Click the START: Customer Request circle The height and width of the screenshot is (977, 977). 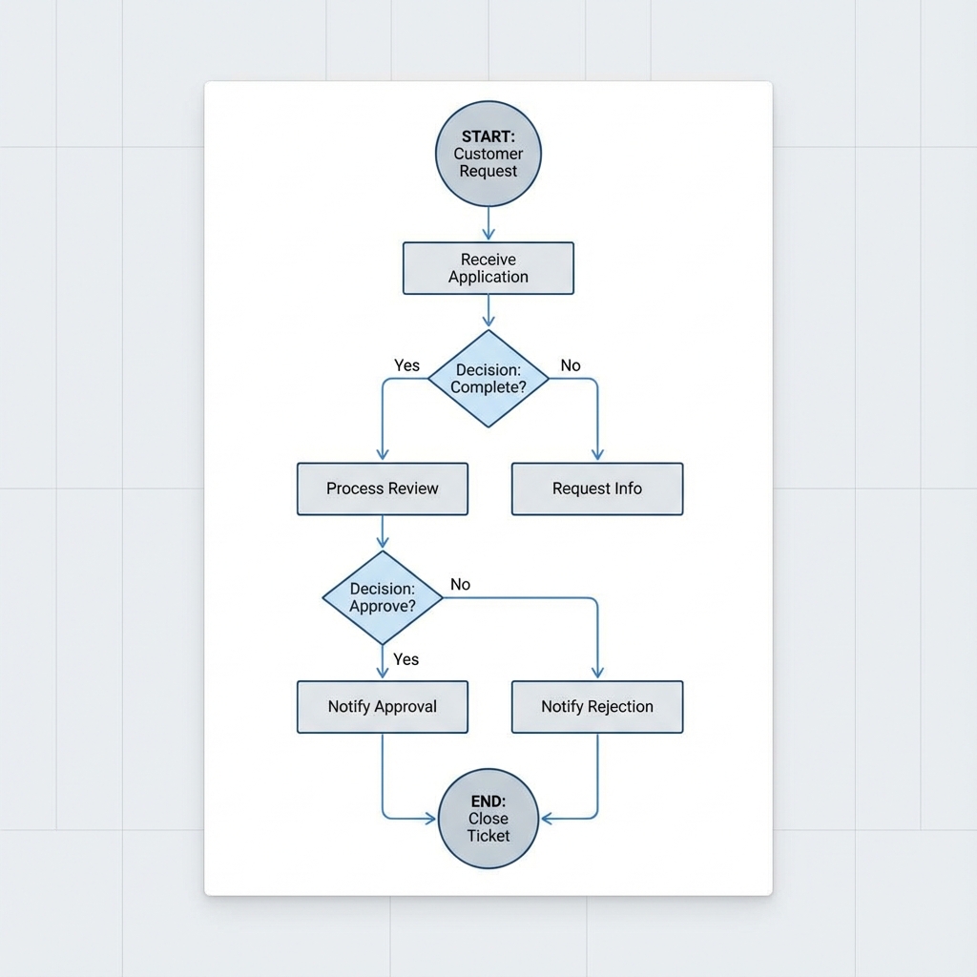[x=488, y=154]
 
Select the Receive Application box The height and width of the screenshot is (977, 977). [x=488, y=268]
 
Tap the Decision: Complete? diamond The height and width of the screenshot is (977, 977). [x=488, y=379]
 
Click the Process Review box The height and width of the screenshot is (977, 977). [x=383, y=488]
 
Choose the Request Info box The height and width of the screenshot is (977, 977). [x=597, y=488]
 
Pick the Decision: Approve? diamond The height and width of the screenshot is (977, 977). [x=383, y=597]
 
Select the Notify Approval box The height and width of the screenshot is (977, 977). [x=383, y=707]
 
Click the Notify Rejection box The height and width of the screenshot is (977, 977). [x=597, y=707]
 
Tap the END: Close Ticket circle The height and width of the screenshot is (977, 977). [x=488, y=819]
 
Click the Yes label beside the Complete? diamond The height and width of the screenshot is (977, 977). [x=406, y=365]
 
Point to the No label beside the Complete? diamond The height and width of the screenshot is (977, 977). [x=571, y=365]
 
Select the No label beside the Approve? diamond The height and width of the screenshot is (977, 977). [x=460, y=584]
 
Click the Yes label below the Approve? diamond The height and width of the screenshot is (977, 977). [x=406, y=659]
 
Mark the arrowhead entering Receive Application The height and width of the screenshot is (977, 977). [x=488, y=236]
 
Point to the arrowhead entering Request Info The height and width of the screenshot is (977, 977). [x=597, y=456]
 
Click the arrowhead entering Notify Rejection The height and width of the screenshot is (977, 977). [x=597, y=674]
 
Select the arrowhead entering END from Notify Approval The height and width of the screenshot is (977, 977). [x=430, y=818]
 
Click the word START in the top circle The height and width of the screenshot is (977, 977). [x=488, y=136]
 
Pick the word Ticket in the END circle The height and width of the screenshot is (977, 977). [x=488, y=836]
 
